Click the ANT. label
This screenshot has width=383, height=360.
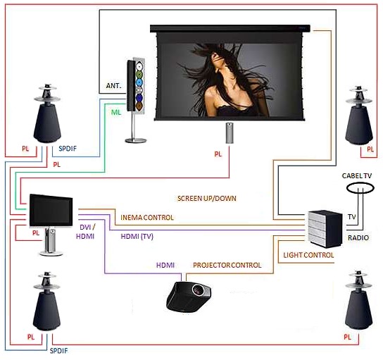click(x=113, y=86)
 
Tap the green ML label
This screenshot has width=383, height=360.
click(x=116, y=112)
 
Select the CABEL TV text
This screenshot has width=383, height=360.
click(x=357, y=175)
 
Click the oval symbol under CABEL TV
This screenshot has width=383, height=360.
click(x=360, y=188)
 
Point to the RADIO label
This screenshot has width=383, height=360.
click(x=358, y=237)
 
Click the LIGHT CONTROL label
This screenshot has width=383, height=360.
click(x=308, y=255)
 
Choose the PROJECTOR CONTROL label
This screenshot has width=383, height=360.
click(x=227, y=265)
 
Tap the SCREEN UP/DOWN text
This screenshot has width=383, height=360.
click(x=207, y=198)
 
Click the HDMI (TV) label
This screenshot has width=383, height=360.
click(x=137, y=236)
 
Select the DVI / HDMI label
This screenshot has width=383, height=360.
click(x=85, y=232)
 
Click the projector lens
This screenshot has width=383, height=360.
click(x=198, y=290)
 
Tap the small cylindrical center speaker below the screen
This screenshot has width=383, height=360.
click(x=229, y=132)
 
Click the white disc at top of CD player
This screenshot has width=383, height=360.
click(x=139, y=66)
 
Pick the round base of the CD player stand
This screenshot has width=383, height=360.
click(x=136, y=140)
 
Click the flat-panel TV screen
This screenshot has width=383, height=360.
click(x=51, y=210)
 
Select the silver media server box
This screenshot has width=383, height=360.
click(x=325, y=229)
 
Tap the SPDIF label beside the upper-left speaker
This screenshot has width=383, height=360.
click(x=68, y=149)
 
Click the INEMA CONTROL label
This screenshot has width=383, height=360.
click(x=147, y=218)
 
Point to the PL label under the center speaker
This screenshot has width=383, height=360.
click(x=218, y=154)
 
